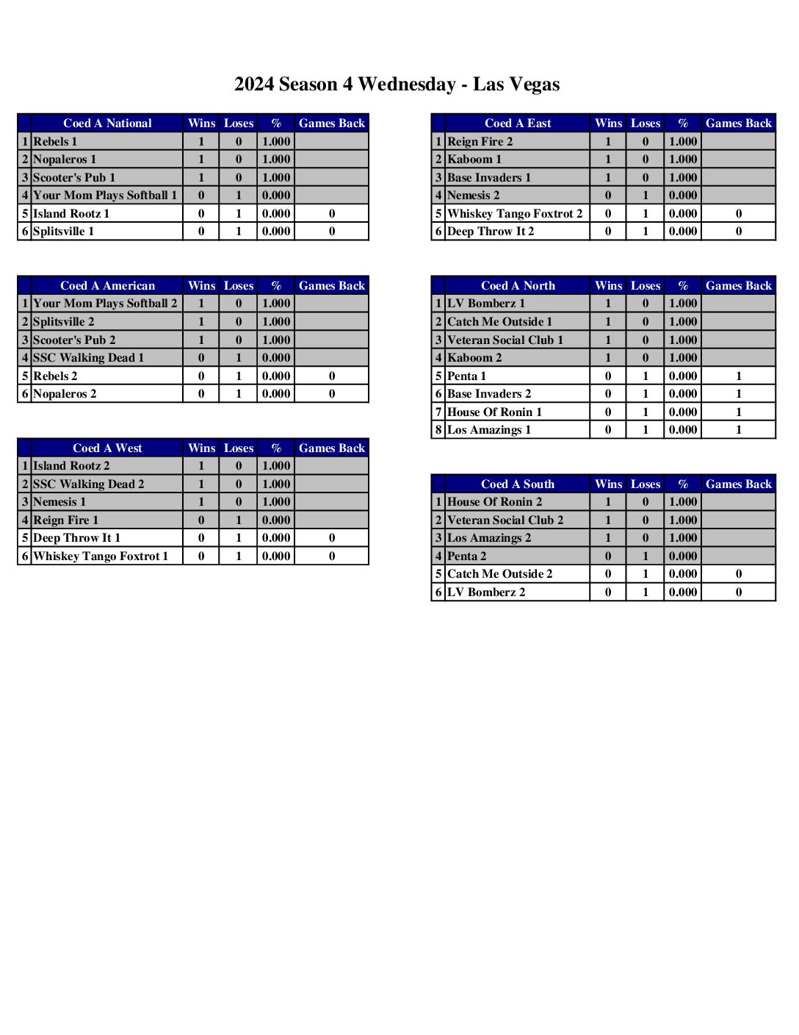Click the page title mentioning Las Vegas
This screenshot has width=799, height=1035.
pyautogui.click(x=397, y=85)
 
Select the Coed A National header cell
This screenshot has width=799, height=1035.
pyautogui.click(x=107, y=123)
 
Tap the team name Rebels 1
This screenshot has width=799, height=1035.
pyautogui.click(x=55, y=141)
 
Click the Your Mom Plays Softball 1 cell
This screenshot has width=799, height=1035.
pyautogui.click(x=105, y=196)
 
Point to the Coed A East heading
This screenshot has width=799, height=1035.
pyautogui.click(x=517, y=123)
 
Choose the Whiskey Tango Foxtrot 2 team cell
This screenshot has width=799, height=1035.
pyautogui.click(x=514, y=214)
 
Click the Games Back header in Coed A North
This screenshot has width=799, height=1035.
pyautogui.click(x=738, y=286)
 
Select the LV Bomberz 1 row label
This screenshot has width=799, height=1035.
pyautogui.click(x=485, y=304)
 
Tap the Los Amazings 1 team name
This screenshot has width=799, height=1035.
pyautogui.click(x=488, y=430)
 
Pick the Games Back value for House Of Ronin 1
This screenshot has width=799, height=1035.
pyautogui.click(x=738, y=412)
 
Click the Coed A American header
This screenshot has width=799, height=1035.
pyautogui.click(x=107, y=286)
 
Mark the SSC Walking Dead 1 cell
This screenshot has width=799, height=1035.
pyautogui.click(x=88, y=358)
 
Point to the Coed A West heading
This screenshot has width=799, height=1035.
pyautogui.click(x=107, y=448)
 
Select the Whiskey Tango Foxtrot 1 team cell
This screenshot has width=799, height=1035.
pyautogui.click(x=101, y=556)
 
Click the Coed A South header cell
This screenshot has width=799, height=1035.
pyautogui.click(x=517, y=484)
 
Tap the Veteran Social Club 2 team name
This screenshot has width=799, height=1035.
pyautogui.click(x=505, y=520)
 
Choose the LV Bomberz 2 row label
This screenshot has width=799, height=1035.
pyautogui.click(x=485, y=592)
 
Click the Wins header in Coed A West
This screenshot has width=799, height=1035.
pyautogui.click(x=201, y=448)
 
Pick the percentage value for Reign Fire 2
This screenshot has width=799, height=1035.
pyautogui.click(x=682, y=141)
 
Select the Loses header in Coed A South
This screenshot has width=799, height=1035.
pyautogui.click(x=645, y=484)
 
